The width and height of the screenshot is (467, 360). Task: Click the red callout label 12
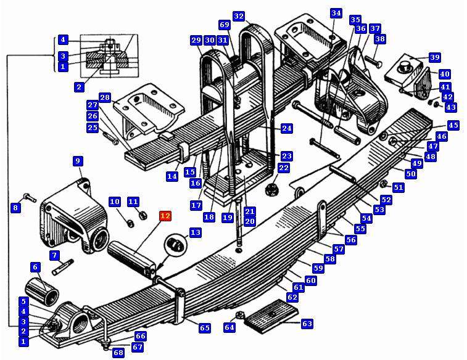coord(165,216)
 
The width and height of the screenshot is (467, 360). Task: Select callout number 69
coord(225,25)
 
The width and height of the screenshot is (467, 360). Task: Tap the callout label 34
coord(336,13)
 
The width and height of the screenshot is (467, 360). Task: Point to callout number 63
coord(307,324)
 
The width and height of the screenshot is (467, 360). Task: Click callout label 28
coord(104,97)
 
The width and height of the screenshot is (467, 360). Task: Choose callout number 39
coord(435,57)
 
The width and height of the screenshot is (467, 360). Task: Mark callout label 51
coord(399,187)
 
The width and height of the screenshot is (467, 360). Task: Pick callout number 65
coord(205,328)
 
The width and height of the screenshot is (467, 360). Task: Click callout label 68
coord(118,353)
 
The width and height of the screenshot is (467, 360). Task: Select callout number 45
coord(453,125)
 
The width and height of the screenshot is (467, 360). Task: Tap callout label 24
coord(286,129)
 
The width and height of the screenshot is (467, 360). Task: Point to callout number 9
coord(78,162)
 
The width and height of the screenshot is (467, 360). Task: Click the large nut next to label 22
coord(271,189)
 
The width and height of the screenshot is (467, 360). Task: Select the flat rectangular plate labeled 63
coord(271,316)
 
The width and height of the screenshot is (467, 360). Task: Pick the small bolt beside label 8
coord(30,197)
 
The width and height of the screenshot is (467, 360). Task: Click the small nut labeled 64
coord(240,316)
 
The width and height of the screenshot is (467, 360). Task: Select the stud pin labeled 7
coord(63,268)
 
